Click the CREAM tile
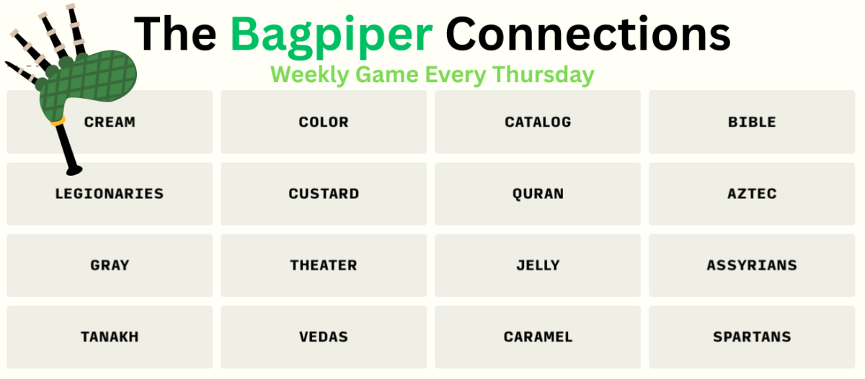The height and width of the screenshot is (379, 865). [x=110, y=122]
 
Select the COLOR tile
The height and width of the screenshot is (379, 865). [x=324, y=122]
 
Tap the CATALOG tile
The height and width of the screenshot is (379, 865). [x=538, y=122]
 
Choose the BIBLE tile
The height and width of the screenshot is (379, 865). [x=752, y=122]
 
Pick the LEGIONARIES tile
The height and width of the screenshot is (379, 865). [x=110, y=194]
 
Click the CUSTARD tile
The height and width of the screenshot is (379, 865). [x=324, y=194]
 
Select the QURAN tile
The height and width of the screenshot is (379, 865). [x=538, y=194]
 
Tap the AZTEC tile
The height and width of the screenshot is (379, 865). [x=752, y=194]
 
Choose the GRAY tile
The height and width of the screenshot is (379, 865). [x=110, y=266]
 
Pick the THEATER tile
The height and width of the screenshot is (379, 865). [x=324, y=266]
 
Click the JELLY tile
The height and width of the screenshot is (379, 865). [x=538, y=266]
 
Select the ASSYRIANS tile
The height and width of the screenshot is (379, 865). [x=752, y=266]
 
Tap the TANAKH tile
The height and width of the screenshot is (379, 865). [x=110, y=337]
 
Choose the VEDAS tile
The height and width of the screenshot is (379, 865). [x=324, y=337]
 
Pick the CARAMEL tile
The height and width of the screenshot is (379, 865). [x=538, y=337]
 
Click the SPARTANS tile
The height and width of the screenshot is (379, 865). [x=752, y=337]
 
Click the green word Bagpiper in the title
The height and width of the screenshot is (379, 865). [x=332, y=37]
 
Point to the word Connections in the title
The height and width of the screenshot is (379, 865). [x=587, y=34]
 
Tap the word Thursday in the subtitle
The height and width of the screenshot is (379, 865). [x=544, y=75]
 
